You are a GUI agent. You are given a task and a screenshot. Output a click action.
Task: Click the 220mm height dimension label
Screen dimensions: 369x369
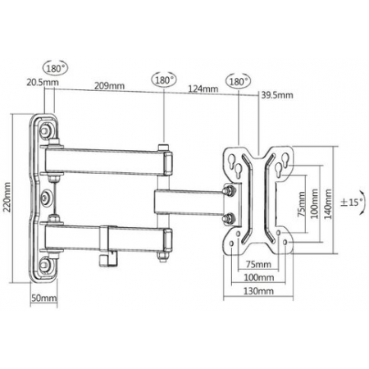tap(7, 197)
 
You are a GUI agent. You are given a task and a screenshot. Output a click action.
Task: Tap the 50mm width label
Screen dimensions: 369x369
tap(44, 298)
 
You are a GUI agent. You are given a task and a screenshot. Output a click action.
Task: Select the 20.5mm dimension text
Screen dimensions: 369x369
tap(43, 82)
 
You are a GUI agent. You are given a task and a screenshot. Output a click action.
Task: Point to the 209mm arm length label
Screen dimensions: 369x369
tap(109, 86)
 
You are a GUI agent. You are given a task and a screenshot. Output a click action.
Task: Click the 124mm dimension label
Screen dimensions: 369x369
tap(203, 89)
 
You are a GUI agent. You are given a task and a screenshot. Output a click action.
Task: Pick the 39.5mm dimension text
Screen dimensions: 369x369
tap(277, 95)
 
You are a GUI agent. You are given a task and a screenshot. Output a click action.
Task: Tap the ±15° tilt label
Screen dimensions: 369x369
tap(351, 203)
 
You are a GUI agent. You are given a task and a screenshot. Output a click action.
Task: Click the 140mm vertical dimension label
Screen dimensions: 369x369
tap(328, 204)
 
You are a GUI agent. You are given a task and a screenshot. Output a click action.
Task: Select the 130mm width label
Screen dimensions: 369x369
tap(258, 291)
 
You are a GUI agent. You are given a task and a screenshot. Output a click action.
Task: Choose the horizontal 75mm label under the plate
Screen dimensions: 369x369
tap(258, 264)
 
